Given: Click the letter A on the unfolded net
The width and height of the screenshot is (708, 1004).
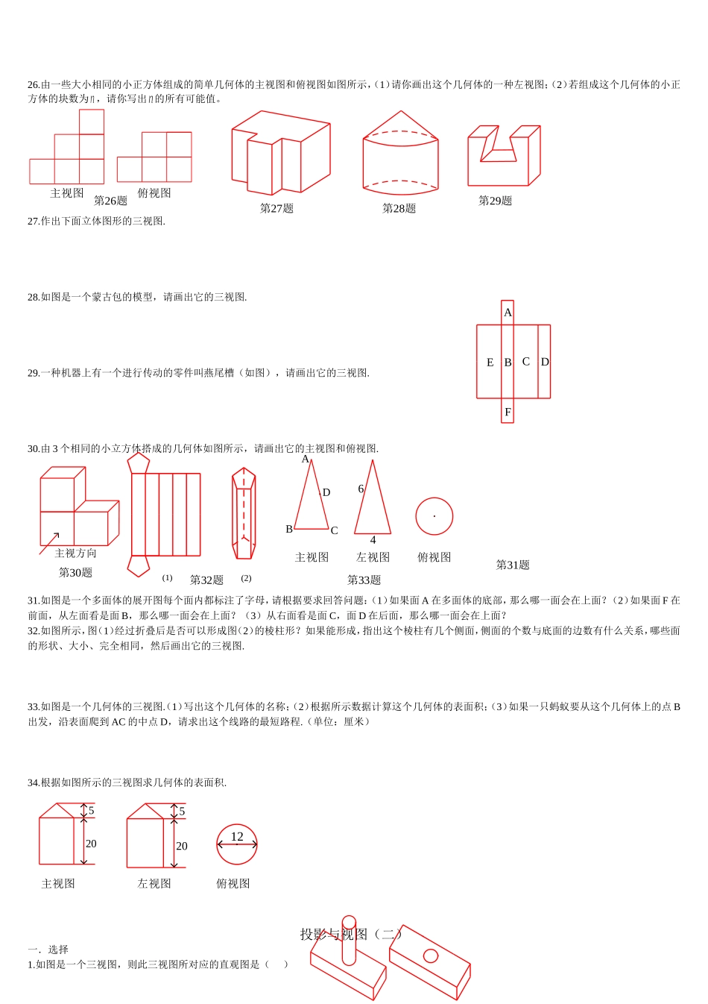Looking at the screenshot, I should (x=508, y=313).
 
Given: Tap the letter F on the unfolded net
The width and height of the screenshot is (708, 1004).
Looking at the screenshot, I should (x=508, y=412).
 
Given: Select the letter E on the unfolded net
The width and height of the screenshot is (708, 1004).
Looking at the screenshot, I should (x=490, y=363).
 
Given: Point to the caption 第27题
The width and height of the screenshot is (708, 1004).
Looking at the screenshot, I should (x=276, y=209).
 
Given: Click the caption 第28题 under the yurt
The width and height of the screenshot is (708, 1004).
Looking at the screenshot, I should (x=399, y=209).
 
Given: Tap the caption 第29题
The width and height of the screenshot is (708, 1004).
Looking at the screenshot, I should (x=495, y=201).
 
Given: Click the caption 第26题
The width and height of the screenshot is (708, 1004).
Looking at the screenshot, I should (x=110, y=201).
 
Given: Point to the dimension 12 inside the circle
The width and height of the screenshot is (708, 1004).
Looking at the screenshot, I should (x=237, y=837).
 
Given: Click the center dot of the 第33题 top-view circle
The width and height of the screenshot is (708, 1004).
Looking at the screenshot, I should (x=434, y=516).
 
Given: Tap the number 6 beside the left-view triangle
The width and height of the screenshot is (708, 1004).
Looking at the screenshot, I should (x=361, y=489).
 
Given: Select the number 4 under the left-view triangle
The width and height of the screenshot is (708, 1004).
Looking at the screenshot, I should (x=373, y=540).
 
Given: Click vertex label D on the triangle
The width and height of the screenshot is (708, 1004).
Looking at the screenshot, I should (x=326, y=493).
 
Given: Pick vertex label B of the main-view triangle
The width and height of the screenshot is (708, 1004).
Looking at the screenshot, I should (x=289, y=529).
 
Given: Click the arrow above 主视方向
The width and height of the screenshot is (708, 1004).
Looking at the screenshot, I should (x=50, y=543).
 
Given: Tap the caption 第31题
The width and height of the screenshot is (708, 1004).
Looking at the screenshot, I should (x=513, y=565).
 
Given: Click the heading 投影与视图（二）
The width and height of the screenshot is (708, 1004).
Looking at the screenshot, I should (x=351, y=934).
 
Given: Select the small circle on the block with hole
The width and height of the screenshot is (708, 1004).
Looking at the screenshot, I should (x=430, y=956).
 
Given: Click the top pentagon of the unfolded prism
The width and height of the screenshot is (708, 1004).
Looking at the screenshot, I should (x=138, y=463).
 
